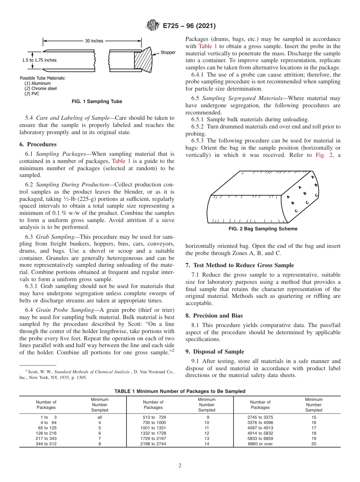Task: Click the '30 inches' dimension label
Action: [x=94, y=41]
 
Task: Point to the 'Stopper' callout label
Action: [x=168, y=52]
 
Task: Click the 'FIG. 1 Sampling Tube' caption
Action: [x=97, y=102]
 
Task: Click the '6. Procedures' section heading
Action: [x=38, y=144]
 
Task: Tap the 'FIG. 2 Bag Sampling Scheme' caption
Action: [x=263, y=229]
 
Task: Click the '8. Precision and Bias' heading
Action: [x=214, y=315]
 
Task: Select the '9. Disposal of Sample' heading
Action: [x=214, y=351]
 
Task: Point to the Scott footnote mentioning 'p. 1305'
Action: [x=97, y=375]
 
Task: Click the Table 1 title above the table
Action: [x=180, y=391]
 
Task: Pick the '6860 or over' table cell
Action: [x=260, y=444]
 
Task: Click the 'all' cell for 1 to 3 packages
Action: [x=100, y=417]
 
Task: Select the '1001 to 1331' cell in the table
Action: [x=153, y=428]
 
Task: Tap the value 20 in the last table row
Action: [x=314, y=444]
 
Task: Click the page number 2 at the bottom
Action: [x=180, y=466]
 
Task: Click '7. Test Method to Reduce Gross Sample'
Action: [x=239, y=265]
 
